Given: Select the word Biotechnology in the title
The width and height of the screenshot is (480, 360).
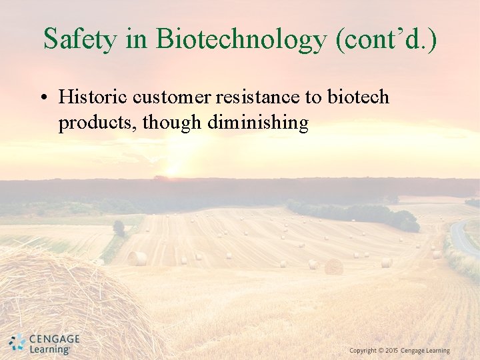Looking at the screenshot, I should point(242,39).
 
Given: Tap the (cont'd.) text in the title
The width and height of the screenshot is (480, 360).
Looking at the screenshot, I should point(387,39).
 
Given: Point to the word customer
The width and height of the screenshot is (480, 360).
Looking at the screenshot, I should point(173,97).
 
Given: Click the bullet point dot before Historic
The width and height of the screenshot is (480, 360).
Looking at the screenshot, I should point(42,98).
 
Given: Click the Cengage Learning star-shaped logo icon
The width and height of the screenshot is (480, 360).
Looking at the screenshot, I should point(17,343).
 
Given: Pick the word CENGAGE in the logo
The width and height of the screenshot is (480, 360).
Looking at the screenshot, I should point(54,339).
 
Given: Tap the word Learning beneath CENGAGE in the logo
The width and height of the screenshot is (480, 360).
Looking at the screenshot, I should point(50,349).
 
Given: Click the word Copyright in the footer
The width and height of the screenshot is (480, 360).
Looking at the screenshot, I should point(363,351).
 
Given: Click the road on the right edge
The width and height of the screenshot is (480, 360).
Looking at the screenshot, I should point(463,239).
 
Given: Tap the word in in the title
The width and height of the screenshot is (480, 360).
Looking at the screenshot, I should point(137,39).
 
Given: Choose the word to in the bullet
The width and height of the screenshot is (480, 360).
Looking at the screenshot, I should point(313,97).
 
